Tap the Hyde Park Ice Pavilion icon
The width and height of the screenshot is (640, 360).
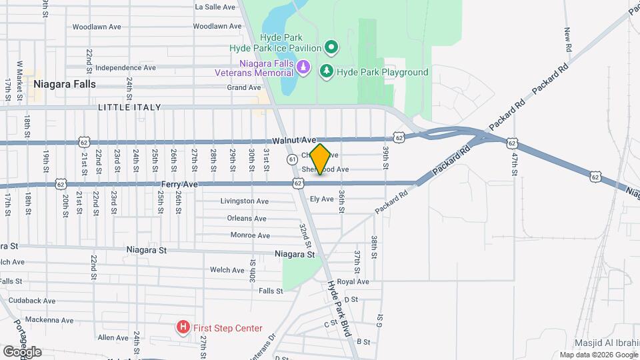(331, 47)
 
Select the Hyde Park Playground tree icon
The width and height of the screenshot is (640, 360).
(326, 71)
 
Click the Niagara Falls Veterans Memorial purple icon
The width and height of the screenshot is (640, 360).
(303, 67)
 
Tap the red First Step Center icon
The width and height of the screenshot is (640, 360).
(183, 327)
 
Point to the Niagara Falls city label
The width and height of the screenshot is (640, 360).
(64, 85)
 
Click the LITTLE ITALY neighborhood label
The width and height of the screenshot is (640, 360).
(131, 107)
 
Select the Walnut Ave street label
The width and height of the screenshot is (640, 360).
(294, 141)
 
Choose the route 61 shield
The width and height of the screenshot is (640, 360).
(293, 159)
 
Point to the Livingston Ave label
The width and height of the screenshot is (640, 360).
(245, 201)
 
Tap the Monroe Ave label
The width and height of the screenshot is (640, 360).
(249, 235)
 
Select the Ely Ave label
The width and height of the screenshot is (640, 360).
(322, 199)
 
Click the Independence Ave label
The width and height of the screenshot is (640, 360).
(125, 67)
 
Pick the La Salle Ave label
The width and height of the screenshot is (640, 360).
(215, 7)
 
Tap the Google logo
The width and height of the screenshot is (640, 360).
(22, 351)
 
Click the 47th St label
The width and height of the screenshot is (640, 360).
(515, 164)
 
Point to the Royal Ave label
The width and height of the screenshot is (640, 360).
(353, 282)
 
